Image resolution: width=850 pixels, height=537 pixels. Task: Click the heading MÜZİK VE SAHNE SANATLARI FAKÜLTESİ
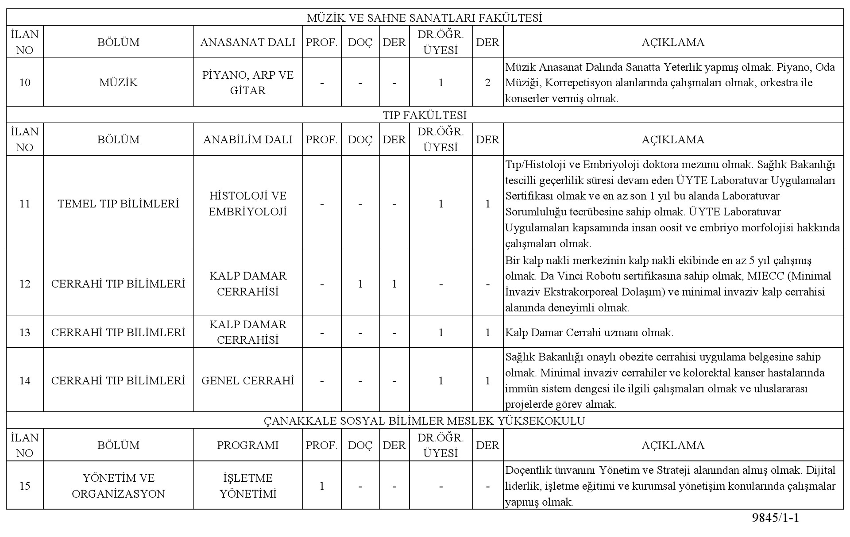pyautogui.click(x=425, y=18)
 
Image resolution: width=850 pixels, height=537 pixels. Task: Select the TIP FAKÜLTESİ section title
pyautogui.click(x=425, y=115)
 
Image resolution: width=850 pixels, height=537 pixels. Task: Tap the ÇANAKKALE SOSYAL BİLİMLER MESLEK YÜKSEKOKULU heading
pyautogui.click(x=425, y=421)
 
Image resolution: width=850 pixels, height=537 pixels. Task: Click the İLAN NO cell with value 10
pyautogui.click(x=25, y=83)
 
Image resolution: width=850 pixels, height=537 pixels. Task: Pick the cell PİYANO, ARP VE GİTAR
pyautogui.click(x=248, y=83)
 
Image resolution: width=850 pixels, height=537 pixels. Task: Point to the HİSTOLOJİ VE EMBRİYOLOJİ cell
pyautogui.click(x=248, y=204)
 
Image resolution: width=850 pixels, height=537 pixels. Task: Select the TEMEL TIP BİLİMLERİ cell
pyautogui.click(x=118, y=204)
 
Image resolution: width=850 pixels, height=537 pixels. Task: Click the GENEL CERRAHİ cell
pyautogui.click(x=248, y=381)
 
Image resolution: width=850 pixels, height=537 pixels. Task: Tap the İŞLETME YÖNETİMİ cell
pyautogui.click(x=248, y=486)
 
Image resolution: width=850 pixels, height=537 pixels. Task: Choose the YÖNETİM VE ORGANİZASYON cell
pyautogui.click(x=118, y=486)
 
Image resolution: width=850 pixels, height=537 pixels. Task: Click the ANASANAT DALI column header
pyautogui.click(x=248, y=42)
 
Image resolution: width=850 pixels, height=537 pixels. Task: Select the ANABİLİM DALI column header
pyautogui.click(x=248, y=140)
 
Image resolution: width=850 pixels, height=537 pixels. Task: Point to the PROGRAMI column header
pyautogui.click(x=248, y=445)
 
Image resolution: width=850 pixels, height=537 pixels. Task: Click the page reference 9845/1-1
pyautogui.click(x=776, y=518)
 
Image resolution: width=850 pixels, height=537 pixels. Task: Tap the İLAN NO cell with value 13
pyautogui.click(x=25, y=332)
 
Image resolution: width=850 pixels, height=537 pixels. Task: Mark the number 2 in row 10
pyautogui.click(x=488, y=83)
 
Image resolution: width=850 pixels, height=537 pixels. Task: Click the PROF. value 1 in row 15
pyautogui.click(x=322, y=486)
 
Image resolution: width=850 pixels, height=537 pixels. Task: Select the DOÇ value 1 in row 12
pyautogui.click(x=360, y=284)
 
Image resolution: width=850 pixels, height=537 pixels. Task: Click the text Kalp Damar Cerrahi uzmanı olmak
pyautogui.click(x=589, y=333)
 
